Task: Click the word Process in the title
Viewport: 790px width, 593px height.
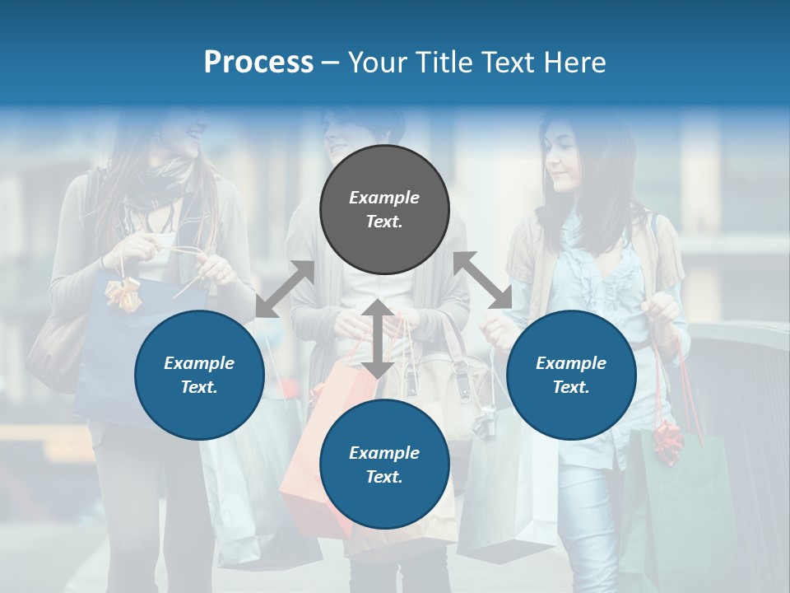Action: [258, 63]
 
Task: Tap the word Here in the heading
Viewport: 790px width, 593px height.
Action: [574, 63]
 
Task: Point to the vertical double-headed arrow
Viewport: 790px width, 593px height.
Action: [377, 339]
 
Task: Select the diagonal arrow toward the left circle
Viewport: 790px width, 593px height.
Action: [285, 289]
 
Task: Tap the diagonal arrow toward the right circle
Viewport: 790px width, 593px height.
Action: [483, 280]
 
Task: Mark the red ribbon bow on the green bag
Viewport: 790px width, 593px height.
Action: [667, 441]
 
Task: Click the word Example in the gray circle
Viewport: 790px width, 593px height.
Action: [384, 198]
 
